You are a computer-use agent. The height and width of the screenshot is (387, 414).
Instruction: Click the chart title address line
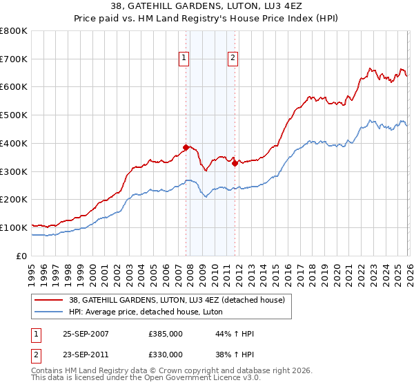coord(206,8)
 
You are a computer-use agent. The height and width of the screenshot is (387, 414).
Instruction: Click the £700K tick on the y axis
coord(14,59)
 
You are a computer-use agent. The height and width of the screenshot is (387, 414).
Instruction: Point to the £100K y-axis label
coord(14,227)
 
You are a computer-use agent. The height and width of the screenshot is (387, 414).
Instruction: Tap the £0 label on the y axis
coord(21,256)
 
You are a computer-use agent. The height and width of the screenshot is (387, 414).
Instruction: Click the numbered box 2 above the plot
coord(233,59)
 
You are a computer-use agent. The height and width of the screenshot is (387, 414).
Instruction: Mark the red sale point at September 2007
coord(186,147)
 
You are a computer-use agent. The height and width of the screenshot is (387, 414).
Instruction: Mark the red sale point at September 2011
coord(235,163)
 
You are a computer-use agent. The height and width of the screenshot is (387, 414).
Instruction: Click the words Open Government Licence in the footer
coord(186,379)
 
